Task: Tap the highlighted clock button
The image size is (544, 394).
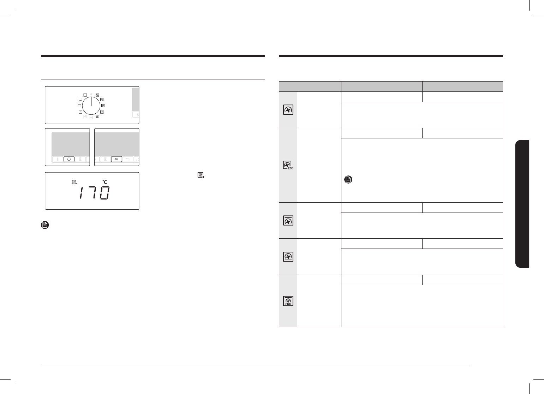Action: pos(69,159)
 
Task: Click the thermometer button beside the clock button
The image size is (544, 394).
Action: pos(58,159)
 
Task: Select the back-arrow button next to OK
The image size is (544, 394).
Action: pos(128,159)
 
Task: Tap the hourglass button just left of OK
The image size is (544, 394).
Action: pos(106,159)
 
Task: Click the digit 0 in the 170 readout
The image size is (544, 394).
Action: pos(105,193)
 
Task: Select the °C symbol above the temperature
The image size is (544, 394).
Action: pos(105,182)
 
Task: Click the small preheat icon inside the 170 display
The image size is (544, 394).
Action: pos(74,182)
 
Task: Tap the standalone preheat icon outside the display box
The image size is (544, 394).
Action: pos(201,175)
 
